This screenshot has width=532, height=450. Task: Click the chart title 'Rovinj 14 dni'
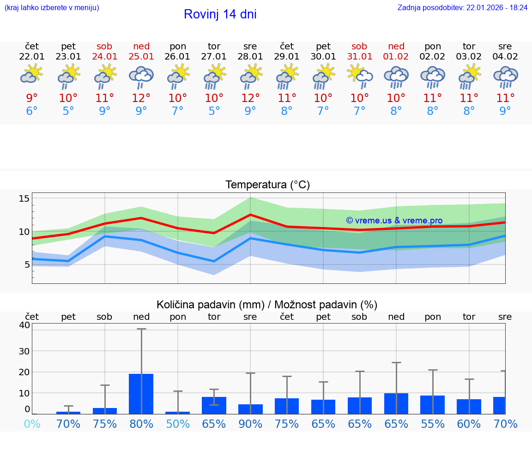(220, 14)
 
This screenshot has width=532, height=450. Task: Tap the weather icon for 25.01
(141, 77)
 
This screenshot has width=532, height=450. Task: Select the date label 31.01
(359, 57)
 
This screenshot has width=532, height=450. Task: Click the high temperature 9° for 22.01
(32, 98)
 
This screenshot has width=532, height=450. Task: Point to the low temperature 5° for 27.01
(214, 111)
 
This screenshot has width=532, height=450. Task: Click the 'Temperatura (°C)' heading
(267, 185)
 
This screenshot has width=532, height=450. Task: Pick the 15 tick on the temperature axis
(24, 198)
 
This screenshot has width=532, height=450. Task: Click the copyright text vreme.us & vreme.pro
(394, 221)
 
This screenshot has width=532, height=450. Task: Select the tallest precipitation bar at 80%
(141, 394)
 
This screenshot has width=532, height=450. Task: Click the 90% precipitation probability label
(250, 424)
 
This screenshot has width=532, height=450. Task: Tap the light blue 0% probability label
(32, 424)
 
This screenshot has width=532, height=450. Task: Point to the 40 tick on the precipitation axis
(24, 325)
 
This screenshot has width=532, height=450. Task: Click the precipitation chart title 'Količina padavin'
(267, 305)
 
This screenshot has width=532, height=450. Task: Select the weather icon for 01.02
(396, 77)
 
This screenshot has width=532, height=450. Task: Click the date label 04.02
(505, 57)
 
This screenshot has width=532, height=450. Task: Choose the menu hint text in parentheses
(52, 8)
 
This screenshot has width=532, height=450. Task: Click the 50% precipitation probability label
(178, 424)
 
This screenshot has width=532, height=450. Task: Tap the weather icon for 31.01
(359, 76)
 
